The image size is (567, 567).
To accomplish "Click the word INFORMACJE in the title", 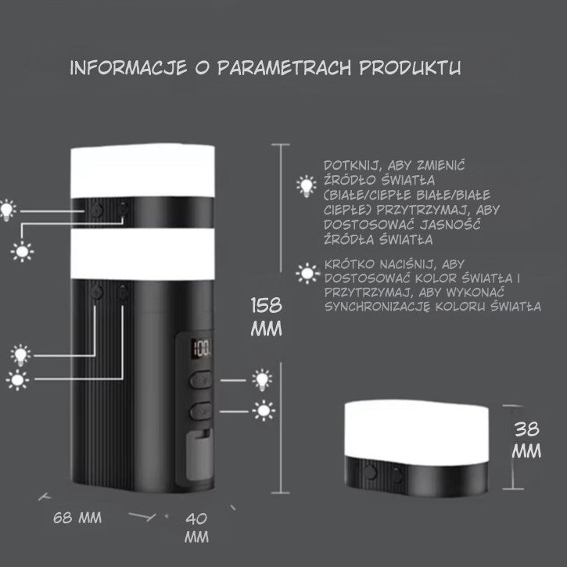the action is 128,68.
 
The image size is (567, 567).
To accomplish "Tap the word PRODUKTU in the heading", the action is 410,67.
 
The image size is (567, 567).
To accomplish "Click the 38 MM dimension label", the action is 526,440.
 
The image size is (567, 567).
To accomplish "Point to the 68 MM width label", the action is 77,518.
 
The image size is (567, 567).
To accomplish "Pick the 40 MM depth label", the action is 197,528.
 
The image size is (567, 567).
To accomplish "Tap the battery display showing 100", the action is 201,350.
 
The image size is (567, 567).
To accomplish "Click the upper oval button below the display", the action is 201,379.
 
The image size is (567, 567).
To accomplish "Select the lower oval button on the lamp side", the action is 201,411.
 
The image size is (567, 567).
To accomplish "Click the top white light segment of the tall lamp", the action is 142,171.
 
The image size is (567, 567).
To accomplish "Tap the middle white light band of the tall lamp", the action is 142,254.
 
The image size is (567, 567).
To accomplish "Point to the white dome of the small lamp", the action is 417,429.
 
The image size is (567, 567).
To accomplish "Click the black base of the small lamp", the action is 417,476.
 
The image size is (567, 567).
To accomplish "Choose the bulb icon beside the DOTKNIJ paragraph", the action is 307,186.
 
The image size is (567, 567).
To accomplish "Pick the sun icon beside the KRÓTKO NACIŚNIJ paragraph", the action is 307,274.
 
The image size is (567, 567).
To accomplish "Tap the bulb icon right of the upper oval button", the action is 262,379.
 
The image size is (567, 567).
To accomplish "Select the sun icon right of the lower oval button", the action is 264,411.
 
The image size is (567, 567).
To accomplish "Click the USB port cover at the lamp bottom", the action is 199,457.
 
